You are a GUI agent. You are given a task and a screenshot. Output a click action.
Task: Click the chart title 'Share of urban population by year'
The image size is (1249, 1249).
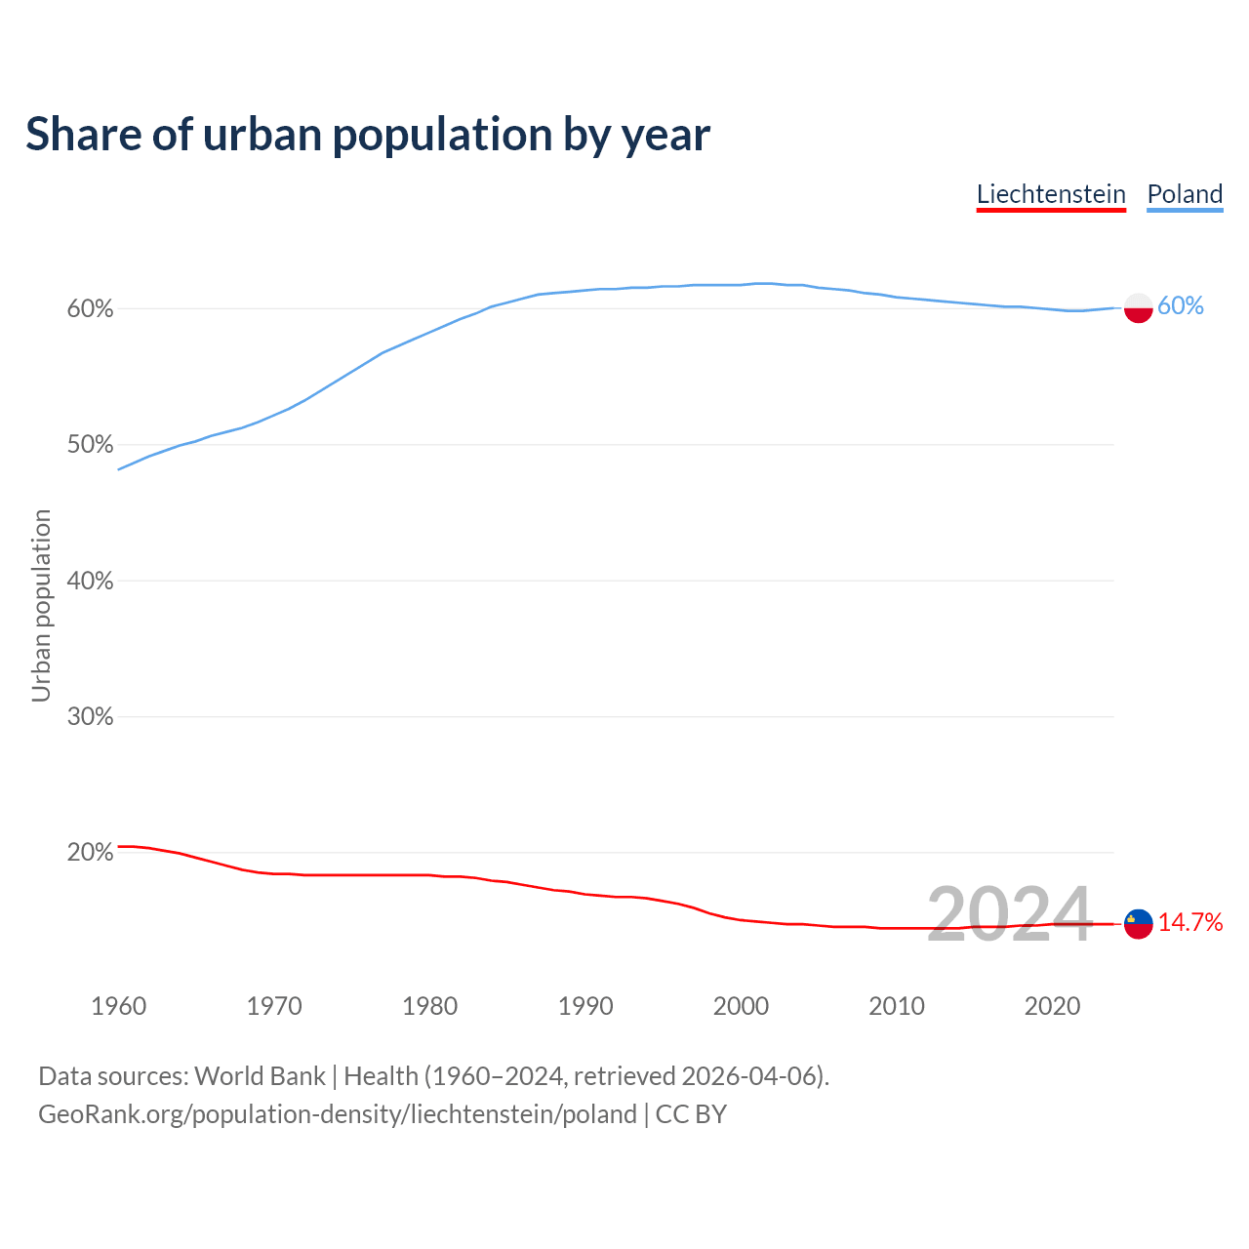pos(368,135)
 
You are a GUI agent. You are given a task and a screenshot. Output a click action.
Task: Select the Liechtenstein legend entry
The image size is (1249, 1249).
pos(1051,194)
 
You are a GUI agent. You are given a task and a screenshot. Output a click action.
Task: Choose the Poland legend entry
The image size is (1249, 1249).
pos(1185,194)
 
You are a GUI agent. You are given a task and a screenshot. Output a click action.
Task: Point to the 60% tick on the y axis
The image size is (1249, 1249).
pos(90,309)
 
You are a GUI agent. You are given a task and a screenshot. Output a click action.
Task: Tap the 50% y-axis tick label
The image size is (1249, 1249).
pos(90,445)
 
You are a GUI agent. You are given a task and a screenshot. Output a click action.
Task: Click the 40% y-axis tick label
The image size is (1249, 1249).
pos(90,582)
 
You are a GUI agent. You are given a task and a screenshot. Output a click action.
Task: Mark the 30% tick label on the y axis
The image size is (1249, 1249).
pos(90,717)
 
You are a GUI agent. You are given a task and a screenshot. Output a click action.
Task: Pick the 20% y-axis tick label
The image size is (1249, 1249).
pos(90,853)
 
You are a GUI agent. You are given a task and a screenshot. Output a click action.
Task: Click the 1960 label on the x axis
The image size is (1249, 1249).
pos(118,1006)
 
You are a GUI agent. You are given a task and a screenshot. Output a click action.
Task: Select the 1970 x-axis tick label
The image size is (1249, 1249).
pos(274,1006)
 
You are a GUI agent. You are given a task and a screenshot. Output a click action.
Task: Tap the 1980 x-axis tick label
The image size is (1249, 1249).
pos(429,1006)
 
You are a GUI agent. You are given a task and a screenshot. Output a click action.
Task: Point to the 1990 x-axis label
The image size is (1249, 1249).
pos(585,1006)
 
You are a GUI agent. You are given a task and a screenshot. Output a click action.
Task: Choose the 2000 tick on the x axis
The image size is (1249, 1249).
pos(741,1006)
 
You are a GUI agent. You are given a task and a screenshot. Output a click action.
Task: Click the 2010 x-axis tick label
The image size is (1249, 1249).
pos(897,1006)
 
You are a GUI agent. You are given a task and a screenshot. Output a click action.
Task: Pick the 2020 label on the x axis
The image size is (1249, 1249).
pos(1052,1006)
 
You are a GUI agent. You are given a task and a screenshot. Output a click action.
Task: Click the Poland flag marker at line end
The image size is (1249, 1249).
pos(1139,308)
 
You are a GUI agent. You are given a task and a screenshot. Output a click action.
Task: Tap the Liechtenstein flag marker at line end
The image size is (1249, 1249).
pos(1139,923)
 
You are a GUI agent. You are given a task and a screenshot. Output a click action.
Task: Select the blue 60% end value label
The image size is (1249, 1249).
pos(1181,306)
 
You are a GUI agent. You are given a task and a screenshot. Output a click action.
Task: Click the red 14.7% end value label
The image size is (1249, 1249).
pos(1190,923)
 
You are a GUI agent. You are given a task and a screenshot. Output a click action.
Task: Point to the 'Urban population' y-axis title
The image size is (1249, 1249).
pos(41,605)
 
